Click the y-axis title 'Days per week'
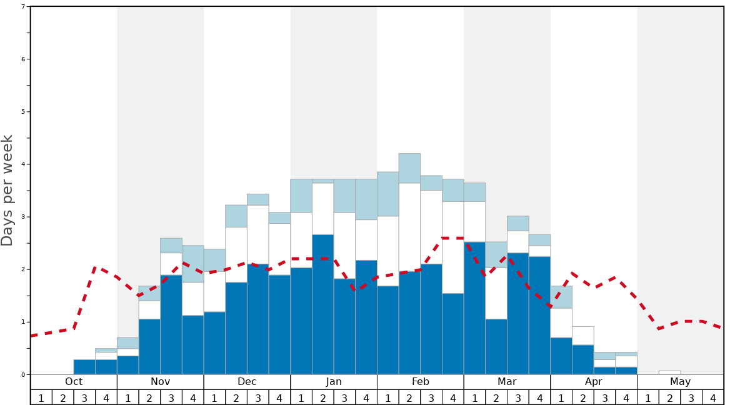click(x=7, y=190)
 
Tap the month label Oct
click(x=74, y=382)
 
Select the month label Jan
click(x=334, y=382)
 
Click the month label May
click(x=681, y=382)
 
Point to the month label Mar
click(x=507, y=382)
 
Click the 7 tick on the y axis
click(x=23, y=7)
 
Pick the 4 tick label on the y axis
click(x=23, y=164)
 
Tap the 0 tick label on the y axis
click(x=23, y=374)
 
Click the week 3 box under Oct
click(x=84, y=397)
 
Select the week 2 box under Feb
click(x=409, y=397)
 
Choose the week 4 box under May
click(x=713, y=397)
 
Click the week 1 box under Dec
click(x=214, y=397)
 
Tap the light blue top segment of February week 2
click(x=409, y=168)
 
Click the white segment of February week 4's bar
click(x=452, y=247)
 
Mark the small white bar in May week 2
click(x=669, y=372)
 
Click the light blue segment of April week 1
click(x=561, y=297)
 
